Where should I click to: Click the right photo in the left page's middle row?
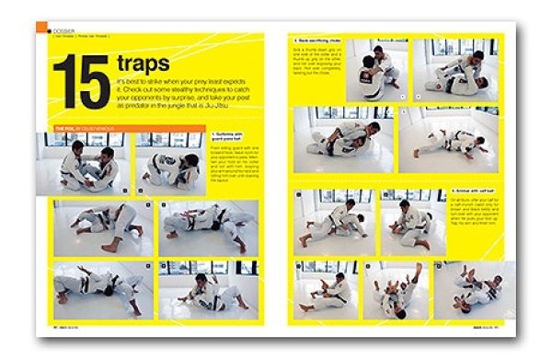[207, 226]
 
